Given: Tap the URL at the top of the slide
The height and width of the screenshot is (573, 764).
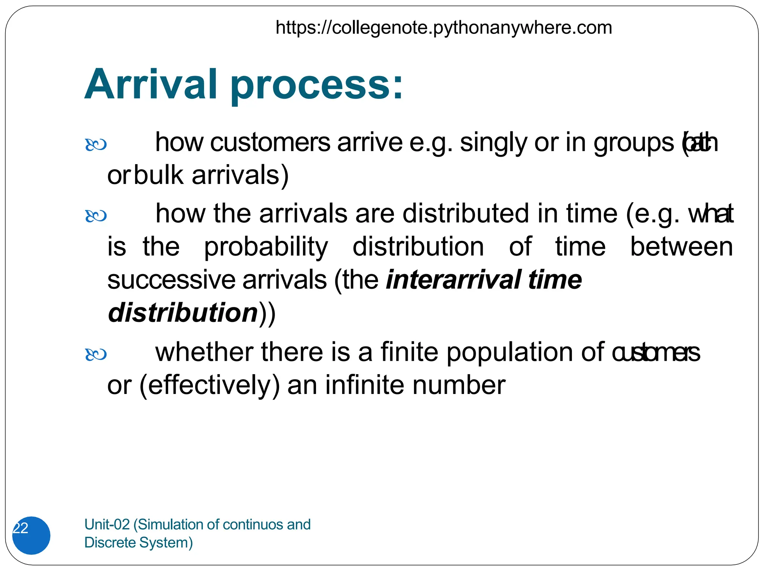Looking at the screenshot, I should click(444, 28).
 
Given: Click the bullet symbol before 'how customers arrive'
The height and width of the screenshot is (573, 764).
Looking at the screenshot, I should click(96, 145).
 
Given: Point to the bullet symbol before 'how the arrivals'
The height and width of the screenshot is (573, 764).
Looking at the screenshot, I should click(96, 216).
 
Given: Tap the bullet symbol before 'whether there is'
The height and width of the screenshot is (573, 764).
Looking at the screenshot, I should click(96, 354).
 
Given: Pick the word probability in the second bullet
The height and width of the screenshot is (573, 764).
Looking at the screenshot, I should click(266, 247).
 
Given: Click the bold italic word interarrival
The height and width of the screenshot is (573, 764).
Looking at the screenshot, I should click(453, 280).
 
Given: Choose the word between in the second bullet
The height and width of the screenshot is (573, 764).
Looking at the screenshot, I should click(681, 247).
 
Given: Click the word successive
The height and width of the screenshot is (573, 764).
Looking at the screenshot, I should click(171, 280).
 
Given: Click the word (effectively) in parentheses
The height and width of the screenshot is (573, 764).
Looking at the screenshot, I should click(209, 386).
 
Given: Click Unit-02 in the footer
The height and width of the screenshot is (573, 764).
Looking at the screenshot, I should click(107, 525).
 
